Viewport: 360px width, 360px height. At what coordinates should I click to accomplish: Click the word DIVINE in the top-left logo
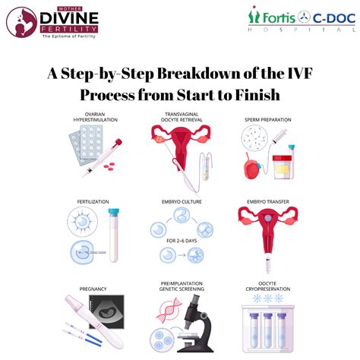(69, 18)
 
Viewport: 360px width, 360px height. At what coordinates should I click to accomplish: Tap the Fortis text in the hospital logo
(279, 18)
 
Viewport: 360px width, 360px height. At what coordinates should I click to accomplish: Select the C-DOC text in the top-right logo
(334, 18)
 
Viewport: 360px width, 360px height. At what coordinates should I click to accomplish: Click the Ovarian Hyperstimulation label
(95, 117)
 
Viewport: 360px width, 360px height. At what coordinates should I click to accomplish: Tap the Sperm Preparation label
(268, 120)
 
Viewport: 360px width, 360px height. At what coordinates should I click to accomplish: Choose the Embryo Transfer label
(268, 202)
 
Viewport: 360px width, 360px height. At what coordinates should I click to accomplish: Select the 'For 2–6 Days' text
(182, 241)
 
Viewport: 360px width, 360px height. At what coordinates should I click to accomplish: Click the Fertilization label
(93, 202)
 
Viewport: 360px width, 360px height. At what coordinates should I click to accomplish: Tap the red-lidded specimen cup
(282, 166)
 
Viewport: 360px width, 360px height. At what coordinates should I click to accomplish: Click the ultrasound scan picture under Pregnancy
(106, 311)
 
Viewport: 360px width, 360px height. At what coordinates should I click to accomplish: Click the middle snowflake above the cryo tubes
(268, 298)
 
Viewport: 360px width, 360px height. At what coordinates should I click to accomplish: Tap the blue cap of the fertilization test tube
(114, 213)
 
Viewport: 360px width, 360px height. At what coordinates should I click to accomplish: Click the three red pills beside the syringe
(109, 166)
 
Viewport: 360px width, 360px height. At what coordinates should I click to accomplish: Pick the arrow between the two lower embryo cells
(182, 255)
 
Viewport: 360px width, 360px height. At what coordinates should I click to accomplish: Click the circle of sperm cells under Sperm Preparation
(254, 138)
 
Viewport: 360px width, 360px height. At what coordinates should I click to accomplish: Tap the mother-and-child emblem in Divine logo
(22, 22)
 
